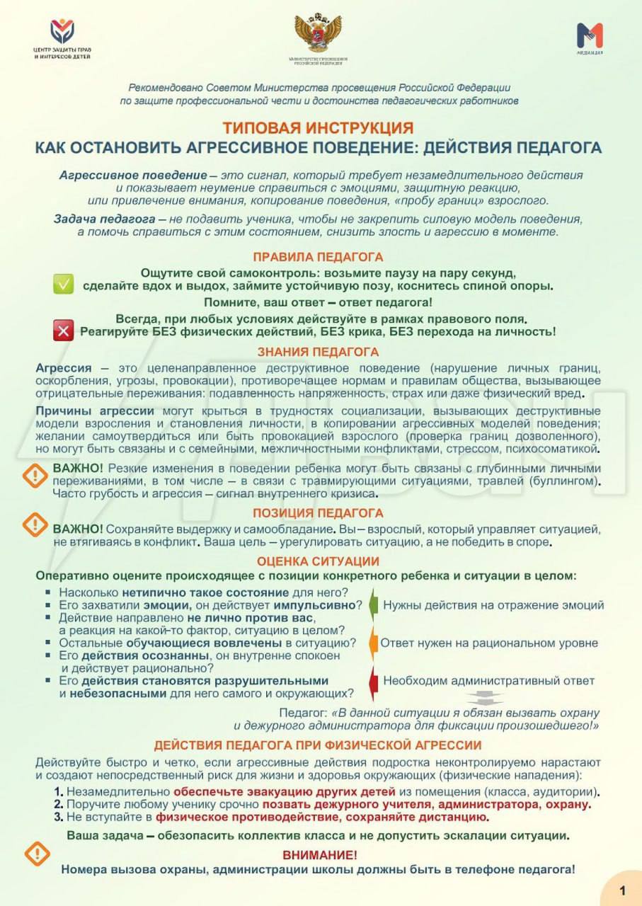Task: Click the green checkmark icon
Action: pyautogui.click(x=64, y=285)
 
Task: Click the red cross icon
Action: pyautogui.click(x=64, y=329)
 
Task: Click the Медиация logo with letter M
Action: pyautogui.click(x=589, y=35)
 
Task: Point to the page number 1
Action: pyautogui.click(x=622, y=890)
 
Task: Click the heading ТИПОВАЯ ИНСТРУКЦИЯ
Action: pyautogui.click(x=318, y=128)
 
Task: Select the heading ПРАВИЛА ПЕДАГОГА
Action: pyautogui.click(x=318, y=257)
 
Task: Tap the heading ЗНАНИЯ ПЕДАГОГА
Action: pyautogui.click(x=318, y=352)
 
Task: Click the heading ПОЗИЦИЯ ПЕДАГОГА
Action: pyautogui.click(x=318, y=512)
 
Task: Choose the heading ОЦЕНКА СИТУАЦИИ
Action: pyautogui.click(x=318, y=561)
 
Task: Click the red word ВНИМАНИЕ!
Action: pyautogui.click(x=320, y=855)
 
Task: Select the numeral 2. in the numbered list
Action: pyautogui.click(x=59, y=804)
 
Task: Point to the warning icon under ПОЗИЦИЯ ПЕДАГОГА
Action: pyautogui.click(x=35, y=524)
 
